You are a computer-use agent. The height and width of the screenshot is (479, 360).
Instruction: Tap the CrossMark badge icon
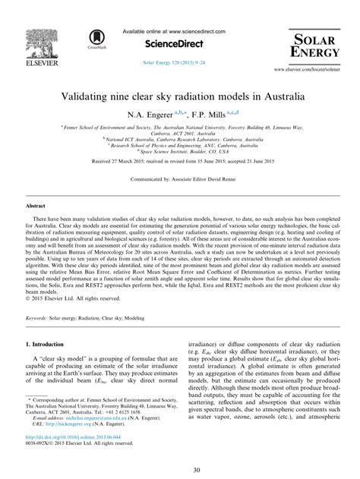tap(96, 38)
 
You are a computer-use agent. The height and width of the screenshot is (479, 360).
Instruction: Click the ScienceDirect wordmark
tap(179, 45)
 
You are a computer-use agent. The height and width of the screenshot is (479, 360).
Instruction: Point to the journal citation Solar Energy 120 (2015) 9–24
tap(179, 60)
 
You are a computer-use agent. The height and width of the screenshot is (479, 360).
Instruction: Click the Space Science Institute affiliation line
tap(180, 152)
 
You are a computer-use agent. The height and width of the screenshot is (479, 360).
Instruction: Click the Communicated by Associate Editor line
tap(180, 182)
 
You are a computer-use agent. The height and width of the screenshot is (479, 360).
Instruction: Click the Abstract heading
tap(36, 206)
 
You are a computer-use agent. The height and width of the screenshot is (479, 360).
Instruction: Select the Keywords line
tap(89, 319)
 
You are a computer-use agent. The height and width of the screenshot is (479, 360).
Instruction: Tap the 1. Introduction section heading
tap(49, 345)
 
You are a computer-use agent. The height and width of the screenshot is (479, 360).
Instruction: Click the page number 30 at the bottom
tap(180, 468)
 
